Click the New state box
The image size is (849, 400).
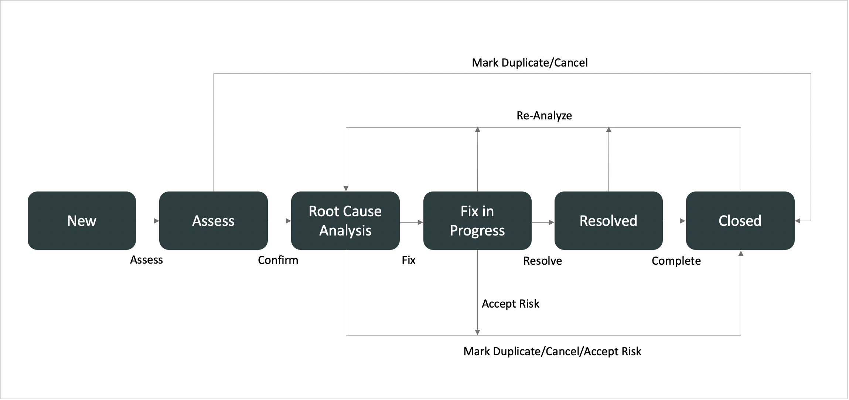[x=82, y=221]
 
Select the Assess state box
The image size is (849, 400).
[x=214, y=221]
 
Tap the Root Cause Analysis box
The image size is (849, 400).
[x=345, y=221]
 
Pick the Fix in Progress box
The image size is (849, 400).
[x=477, y=221]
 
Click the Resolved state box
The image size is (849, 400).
[x=608, y=221]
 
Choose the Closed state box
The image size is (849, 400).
[x=740, y=221]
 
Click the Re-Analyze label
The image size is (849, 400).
[x=544, y=116]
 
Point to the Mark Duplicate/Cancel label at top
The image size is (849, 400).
[x=530, y=63]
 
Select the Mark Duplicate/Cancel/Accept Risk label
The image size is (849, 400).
[x=552, y=351]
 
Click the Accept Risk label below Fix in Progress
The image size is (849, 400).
[x=511, y=304]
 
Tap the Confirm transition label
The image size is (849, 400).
[x=278, y=260]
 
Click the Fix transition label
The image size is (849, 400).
[x=409, y=260]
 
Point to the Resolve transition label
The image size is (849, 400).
[x=543, y=261]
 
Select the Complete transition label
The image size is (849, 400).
[x=676, y=261]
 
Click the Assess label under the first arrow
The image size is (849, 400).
[x=146, y=260]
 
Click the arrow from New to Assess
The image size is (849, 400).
[x=147, y=221]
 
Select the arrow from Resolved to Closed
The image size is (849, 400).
[x=674, y=221]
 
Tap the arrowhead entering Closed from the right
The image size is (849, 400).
[x=797, y=221]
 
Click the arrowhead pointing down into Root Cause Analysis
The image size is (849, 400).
[x=346, y=189]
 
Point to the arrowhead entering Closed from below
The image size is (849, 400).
[x=741, y=253]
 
